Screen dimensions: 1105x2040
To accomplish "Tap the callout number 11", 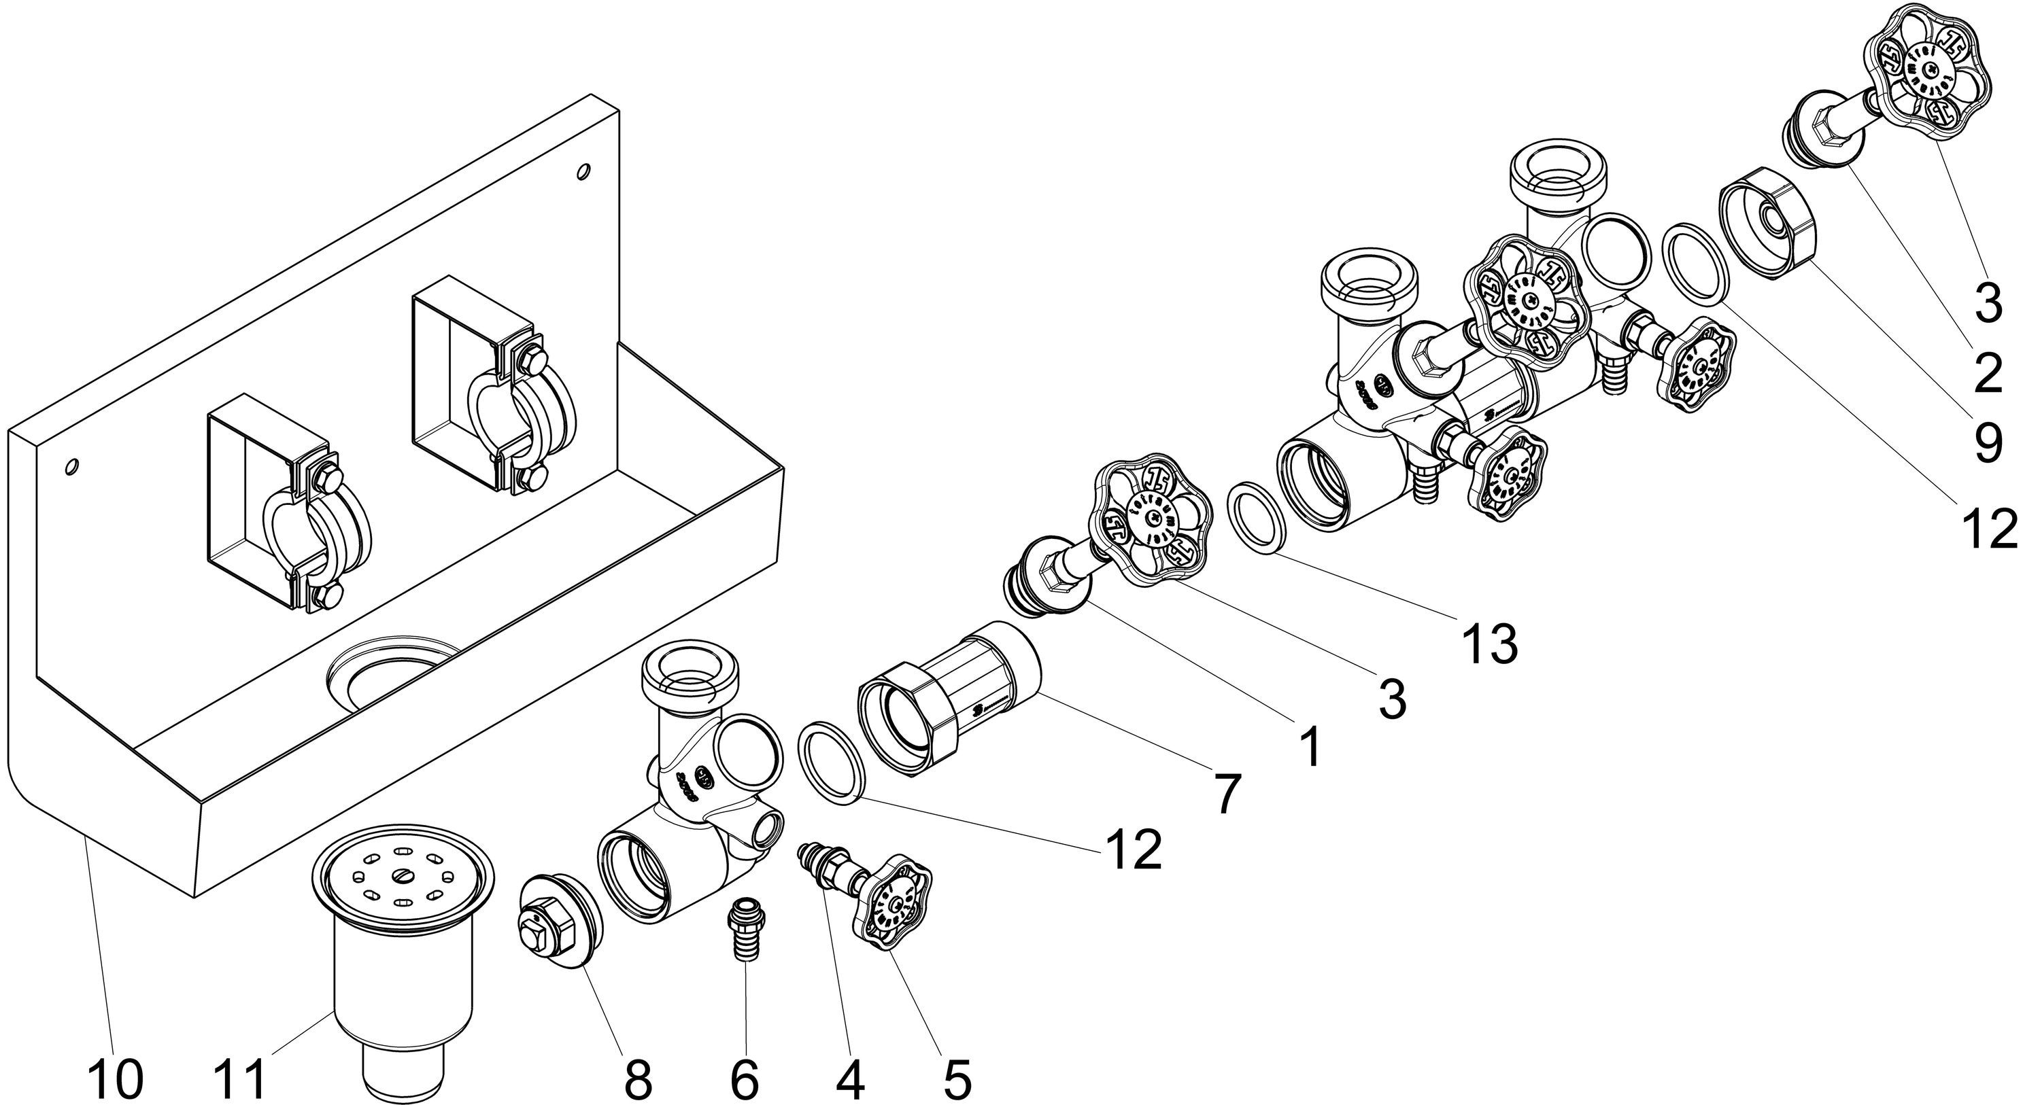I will (242, 1079).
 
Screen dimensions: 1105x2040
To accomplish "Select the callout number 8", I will (638, 1079).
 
